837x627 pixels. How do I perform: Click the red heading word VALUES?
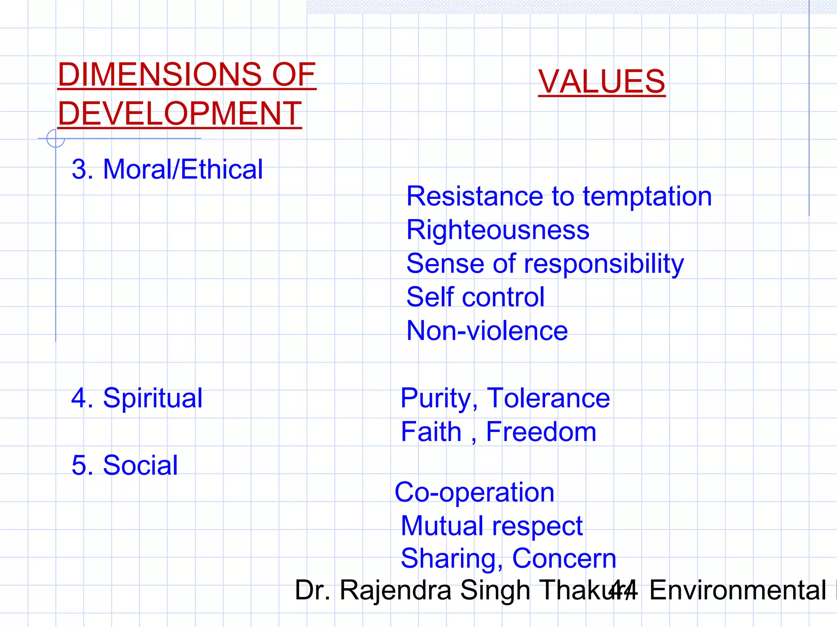point(602,82)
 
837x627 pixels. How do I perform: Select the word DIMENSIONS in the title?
point(160,75)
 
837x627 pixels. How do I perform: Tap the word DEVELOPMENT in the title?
point(180,114)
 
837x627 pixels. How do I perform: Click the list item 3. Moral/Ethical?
point(167,169)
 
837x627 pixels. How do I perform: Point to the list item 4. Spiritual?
point(137,398)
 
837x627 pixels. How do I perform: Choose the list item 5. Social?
point(125,465)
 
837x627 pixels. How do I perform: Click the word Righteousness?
point(498,230)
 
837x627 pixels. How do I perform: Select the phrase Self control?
point(475,297)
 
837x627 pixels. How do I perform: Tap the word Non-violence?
point(487,331)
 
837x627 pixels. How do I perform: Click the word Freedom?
point(541,432)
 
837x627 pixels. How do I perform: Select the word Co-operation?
point(474,492)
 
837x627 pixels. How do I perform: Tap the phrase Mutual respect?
point(492,526)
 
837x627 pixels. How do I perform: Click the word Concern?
point(564,559)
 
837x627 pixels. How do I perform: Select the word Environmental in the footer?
point(738,591)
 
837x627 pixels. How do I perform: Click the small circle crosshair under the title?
point(56,138)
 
